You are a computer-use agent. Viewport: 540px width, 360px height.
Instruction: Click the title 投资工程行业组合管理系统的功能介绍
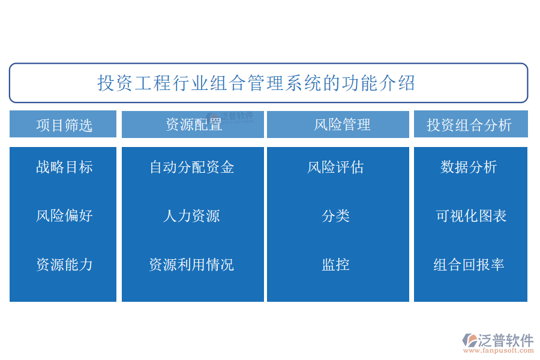click(x=256, y=83)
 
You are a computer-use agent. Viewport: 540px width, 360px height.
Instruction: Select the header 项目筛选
click(x=64, y=125)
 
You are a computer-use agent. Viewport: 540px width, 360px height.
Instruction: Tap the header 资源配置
click(x=194, y=125)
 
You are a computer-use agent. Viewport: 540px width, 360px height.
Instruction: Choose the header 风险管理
click(x=342, y=125)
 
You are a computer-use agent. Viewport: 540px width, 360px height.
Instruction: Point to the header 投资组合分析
click(x=469, y=125)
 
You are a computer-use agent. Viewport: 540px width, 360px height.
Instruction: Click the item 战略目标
click(x=64, y=167)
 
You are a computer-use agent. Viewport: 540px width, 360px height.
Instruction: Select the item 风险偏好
click(x=64, y=216)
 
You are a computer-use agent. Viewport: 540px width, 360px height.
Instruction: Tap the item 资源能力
click(x=64, y=265)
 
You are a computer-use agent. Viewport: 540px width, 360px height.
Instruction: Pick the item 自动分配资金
click(x=192, y=167)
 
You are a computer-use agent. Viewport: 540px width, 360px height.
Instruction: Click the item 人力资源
click(x=192, y=216)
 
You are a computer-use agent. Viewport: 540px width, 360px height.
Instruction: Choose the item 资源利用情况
click(x=192, y=265)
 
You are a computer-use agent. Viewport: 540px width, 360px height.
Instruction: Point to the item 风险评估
click(x=335, y=167)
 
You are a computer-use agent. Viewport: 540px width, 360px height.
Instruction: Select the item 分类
click(x=336, y=216)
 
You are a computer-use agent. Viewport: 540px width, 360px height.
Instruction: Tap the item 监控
click(x=336, y=265)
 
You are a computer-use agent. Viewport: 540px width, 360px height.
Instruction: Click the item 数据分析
click(x=469, y=167)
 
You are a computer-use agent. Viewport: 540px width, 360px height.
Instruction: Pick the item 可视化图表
click(x=471, y=216)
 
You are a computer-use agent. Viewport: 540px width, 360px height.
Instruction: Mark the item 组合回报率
click(x=469, y=265)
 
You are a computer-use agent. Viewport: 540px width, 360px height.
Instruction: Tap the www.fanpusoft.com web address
click(x=499, y=350)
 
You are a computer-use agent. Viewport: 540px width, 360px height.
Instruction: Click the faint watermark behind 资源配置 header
click(x=230, y=117)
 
